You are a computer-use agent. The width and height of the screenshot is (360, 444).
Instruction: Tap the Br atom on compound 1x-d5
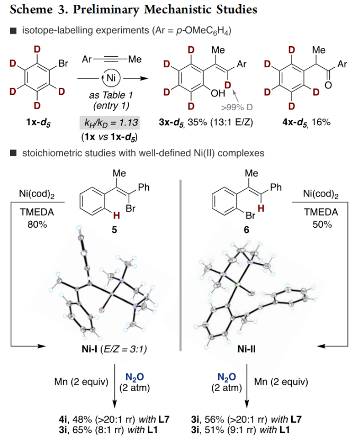coord(63,65)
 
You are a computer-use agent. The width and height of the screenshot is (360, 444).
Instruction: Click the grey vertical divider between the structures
coord(181,265)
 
